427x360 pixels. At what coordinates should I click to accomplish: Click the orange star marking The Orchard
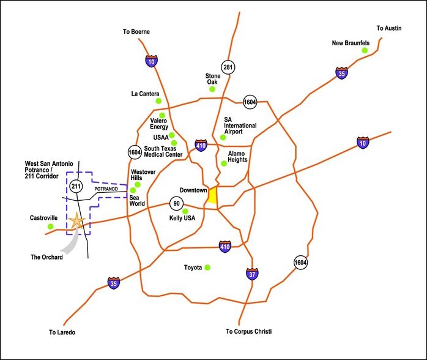tap(76, 222)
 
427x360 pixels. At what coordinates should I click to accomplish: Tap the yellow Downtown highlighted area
tap(212, 196)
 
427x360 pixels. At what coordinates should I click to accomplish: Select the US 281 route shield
tap(229, 66)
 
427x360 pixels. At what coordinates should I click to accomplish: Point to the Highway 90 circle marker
tap(176, 203)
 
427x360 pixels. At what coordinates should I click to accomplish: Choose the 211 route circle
tap(76, 186)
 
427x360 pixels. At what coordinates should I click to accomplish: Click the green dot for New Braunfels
tap(365, 51)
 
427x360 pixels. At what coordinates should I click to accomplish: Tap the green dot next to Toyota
tap(207, 267)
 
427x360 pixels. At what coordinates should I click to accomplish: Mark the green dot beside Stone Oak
tap(212, 89)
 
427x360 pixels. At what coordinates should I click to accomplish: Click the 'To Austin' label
tap(390, 28)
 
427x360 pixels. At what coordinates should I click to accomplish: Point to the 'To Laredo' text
tap(64, 332)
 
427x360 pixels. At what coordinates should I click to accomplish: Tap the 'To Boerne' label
tap(135, 31)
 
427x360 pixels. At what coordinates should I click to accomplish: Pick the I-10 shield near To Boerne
tap(151, 60)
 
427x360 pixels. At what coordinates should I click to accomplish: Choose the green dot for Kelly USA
tap(185, 211)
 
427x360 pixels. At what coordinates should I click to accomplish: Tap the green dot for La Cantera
tap(158, 100)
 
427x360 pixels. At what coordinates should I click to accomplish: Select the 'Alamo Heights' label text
tap(238, 156)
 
